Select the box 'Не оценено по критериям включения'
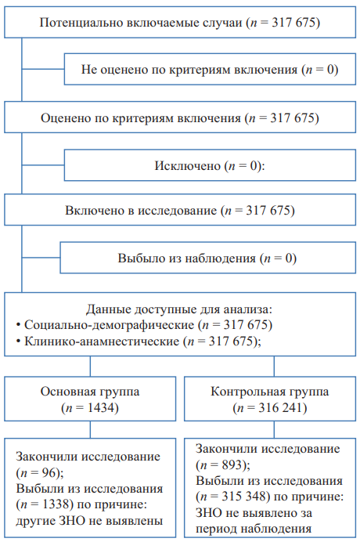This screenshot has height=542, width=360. (210, 69)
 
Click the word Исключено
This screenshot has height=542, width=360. (187, 166)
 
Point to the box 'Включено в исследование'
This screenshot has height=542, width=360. (180, 210)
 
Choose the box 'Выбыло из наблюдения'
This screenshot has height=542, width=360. (208, 258)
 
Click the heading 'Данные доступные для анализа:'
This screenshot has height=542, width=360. (179, 309)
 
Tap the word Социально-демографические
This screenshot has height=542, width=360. (110, 325)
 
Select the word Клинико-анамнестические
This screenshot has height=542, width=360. (102, 341)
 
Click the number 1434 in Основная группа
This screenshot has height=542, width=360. (101, 408)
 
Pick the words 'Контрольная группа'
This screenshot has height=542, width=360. (270, 392)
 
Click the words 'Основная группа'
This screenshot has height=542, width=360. (90, 392)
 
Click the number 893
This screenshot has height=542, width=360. (232, 465)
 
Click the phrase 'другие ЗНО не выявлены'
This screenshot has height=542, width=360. (89, 521)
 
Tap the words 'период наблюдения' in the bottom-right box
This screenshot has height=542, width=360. (254, 529)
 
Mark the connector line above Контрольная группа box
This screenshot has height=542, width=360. (274, 367)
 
